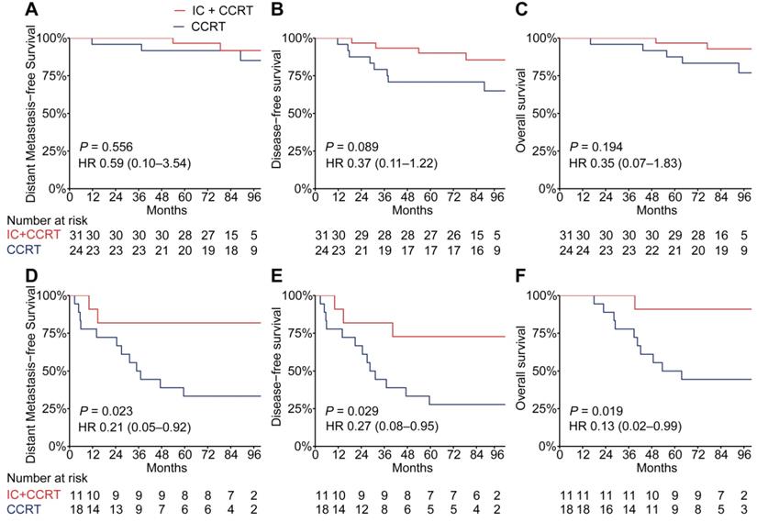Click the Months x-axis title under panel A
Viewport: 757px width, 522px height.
pyautogui.click(x=167, y=209)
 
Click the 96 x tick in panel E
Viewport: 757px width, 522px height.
pyautogui.click(x=497, y=455)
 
